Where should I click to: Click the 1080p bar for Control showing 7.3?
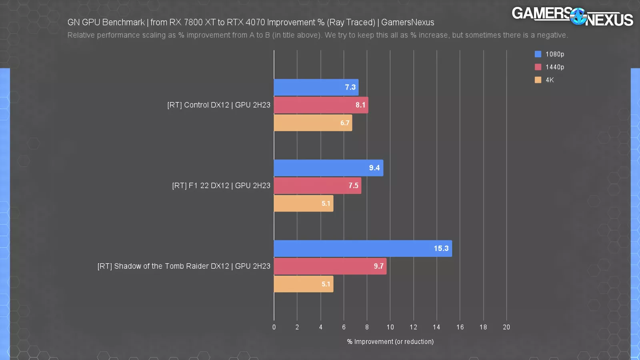[x=316, y=87]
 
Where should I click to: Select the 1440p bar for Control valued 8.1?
[x=321, y=105]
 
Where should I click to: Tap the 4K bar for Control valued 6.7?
[x=313, y=123]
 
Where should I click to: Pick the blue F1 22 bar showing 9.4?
[x=328, y=168]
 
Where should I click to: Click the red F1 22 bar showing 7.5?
[x=317, y=186]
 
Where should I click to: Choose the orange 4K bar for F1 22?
[x=303, y=204]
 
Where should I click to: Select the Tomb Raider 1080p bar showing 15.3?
[x=363, y=248]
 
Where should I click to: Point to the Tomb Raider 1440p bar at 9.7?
[x=330, y=266]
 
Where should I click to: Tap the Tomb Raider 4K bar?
[x=303, y=284]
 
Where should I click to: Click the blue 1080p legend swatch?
[x=538, y=54]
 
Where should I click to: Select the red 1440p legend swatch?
[x=538, y=67]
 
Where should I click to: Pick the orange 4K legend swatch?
[x=538, y=80]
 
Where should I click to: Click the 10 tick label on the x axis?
[x=390, y=327]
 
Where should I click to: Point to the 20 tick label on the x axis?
[x=506, y=327]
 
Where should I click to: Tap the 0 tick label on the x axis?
[x=274, y=327]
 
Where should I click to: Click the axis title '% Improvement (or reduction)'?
[x=390, y=342]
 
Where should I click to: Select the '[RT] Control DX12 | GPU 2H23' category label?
[x=219, y=105]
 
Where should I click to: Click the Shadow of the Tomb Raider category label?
[x=184, y=266]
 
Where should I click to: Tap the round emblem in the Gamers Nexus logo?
[x=578, y=16]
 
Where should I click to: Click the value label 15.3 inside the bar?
[x=441, y=248]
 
